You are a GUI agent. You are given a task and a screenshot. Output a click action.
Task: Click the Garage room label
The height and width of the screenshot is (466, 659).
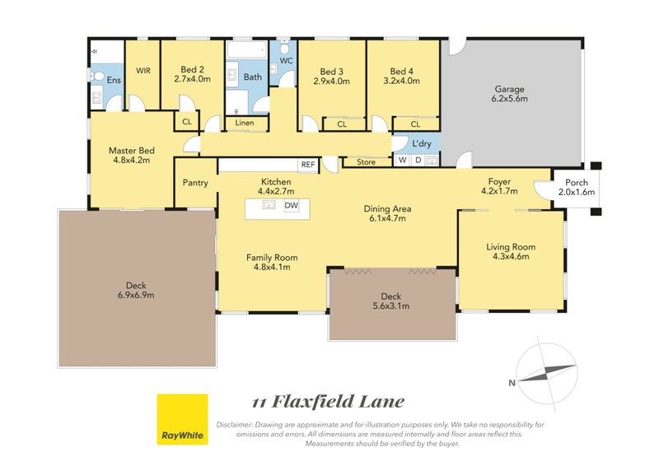tap(509, 90)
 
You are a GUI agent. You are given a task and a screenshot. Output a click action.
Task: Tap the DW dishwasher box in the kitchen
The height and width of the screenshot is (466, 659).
tap(291, 206)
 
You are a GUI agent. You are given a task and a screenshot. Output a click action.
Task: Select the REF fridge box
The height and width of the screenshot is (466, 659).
tap(308, 165)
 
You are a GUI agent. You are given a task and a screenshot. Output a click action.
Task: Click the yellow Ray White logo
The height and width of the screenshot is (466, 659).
tap(182, 419)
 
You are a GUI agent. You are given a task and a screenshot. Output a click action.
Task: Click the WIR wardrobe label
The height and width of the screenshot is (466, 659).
tap(143, 71)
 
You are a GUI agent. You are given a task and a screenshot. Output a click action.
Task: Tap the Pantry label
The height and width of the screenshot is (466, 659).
tap(195, 183)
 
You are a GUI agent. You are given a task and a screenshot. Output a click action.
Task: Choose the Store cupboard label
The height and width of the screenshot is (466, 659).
tap(367, 162)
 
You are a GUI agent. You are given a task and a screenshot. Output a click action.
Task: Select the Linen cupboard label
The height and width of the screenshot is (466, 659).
tap(245, 123)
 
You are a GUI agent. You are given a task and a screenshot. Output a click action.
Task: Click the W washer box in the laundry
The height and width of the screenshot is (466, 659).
tap(402, 161)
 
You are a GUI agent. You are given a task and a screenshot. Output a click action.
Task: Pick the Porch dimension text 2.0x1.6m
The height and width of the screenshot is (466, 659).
tap(577, 193)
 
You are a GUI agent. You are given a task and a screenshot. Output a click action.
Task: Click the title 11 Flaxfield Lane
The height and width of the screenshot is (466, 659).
tap(328, 402)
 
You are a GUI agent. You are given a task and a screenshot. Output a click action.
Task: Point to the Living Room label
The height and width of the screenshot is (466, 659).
tap(511, 246)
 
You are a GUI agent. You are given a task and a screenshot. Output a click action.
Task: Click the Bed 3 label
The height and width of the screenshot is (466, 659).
tap(331, 71)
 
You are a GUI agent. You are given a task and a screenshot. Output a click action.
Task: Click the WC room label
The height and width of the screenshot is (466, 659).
tap(287, 61)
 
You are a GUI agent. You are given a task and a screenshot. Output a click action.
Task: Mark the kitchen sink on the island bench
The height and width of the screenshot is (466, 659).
tap(269, 206)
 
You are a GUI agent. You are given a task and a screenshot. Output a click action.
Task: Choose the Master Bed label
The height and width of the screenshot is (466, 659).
tap(131, 151)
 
